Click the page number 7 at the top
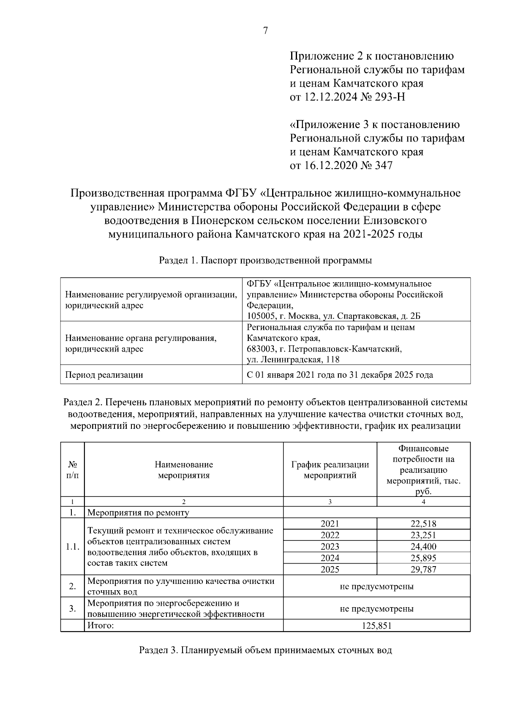pos(265,31)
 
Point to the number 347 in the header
pos(383,166)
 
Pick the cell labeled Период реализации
pos(104,375)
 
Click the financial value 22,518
pos(423,524)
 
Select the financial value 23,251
pos(423,535)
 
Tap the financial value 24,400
pos(423,547)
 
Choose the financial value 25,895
pos(423,558)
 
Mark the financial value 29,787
pos(423,570)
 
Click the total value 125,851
pos(377,626)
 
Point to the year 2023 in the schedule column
pos(330,547)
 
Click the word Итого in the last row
pos(101,626)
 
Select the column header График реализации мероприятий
pos(330,470)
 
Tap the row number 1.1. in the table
pos(73,547)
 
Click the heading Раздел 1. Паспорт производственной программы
pos(265,261)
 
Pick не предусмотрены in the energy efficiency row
pos(377,609)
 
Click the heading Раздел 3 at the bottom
pos(265,650)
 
